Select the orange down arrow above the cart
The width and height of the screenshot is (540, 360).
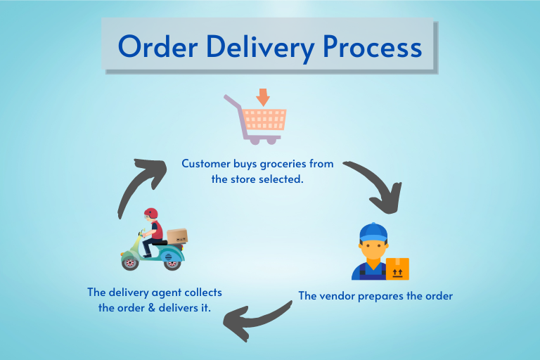click(263, 96)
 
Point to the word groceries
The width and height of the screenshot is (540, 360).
click(274, 164)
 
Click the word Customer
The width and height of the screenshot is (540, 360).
click(206, 164)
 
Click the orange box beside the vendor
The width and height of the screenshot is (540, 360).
click(397, 269)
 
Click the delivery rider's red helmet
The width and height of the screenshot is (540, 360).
click(150, 214)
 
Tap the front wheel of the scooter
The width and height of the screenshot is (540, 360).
click(130, 262)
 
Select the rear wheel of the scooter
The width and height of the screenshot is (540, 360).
click(172, 262)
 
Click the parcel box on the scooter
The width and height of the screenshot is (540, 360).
click(177, 236)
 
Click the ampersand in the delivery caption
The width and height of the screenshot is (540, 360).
click(150, 308)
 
